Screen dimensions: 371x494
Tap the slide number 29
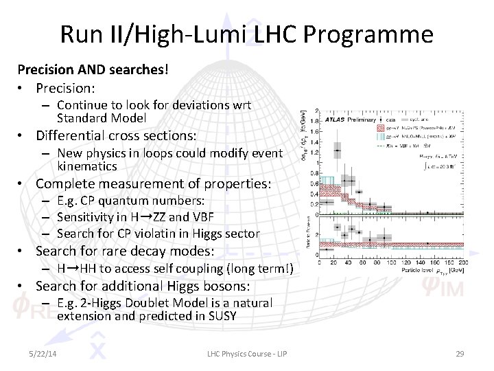point(460,352)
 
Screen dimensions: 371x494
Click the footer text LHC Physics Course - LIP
point(246,352)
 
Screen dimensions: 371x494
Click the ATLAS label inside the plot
point(336,119)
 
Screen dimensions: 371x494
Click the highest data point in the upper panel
point(337,150)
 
